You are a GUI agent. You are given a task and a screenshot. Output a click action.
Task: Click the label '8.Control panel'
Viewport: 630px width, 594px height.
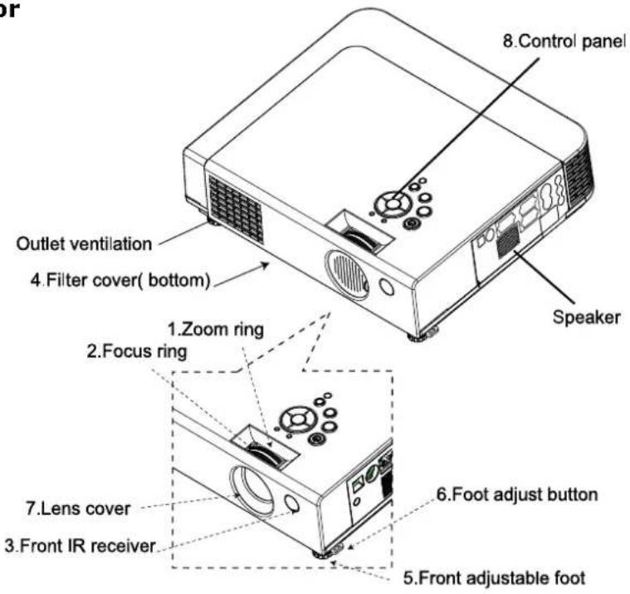(564, 41)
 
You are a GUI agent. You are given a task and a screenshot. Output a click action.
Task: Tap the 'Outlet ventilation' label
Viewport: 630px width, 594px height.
(84, 243)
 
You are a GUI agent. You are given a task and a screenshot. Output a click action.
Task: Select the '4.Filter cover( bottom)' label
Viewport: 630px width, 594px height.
(120, 280)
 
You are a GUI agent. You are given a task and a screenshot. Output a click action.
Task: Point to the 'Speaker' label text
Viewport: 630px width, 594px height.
(586, 317)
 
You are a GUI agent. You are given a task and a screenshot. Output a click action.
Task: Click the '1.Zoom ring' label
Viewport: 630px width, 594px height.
(216, 329)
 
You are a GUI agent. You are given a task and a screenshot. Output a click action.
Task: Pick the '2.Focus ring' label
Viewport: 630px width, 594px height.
(137, 351)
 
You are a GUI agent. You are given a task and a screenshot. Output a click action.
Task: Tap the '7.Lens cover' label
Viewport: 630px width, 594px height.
(78, 508)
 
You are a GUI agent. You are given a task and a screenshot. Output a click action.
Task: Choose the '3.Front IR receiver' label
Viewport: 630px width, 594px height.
(80, 546)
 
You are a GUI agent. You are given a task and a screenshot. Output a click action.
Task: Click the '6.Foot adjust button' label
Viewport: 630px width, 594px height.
(517, 494)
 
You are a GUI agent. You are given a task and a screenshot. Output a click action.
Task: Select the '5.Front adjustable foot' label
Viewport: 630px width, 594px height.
(494, 578)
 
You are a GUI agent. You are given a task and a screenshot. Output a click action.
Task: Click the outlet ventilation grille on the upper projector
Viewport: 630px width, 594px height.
(236, 209)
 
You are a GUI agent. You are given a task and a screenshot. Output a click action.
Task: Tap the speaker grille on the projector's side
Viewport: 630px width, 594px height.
(508, 241)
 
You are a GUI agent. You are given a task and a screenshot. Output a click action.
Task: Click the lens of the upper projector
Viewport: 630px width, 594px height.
(347, 275)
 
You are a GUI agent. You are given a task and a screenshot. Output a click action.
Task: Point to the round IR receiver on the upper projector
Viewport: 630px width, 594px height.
(387, 287)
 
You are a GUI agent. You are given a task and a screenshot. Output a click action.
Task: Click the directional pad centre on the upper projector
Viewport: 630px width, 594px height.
(393, 204)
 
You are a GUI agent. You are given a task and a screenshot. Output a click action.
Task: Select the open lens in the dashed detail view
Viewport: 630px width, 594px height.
(252, 490)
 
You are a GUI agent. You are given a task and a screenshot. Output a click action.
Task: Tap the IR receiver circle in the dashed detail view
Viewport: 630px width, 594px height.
(291, 504)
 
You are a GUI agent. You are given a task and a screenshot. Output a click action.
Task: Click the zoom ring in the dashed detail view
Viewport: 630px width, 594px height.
(263, 454)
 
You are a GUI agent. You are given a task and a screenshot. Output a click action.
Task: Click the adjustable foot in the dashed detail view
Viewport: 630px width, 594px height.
(322, 556)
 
